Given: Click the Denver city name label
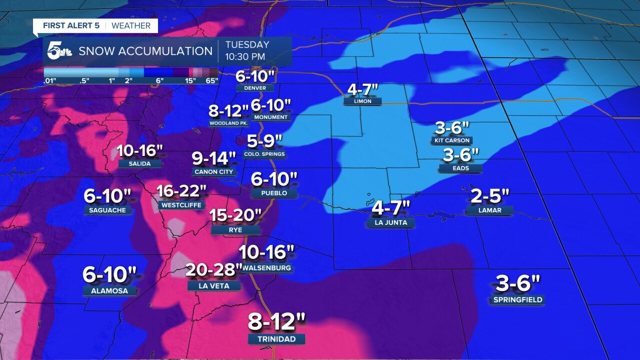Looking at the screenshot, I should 255,88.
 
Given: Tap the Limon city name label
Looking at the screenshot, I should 362,101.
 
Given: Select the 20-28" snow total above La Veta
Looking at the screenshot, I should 214,270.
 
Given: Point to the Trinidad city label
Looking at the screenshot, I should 276,339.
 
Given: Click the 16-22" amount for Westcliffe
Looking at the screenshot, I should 181,191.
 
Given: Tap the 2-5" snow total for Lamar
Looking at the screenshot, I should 490,196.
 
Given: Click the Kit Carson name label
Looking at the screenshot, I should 452,141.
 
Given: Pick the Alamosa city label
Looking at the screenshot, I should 109,291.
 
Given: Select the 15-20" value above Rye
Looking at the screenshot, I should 235,216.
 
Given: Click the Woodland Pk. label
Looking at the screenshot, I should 228,123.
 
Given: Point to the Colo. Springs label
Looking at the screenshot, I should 264,154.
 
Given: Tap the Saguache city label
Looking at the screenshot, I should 107,210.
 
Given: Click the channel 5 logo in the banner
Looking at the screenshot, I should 59,51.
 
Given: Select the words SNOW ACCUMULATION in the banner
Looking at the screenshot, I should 145,51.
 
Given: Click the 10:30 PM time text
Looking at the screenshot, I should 245,56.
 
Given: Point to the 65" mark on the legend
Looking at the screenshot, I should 212,81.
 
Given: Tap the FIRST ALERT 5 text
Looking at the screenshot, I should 71,25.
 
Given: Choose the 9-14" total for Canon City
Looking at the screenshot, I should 214,158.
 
